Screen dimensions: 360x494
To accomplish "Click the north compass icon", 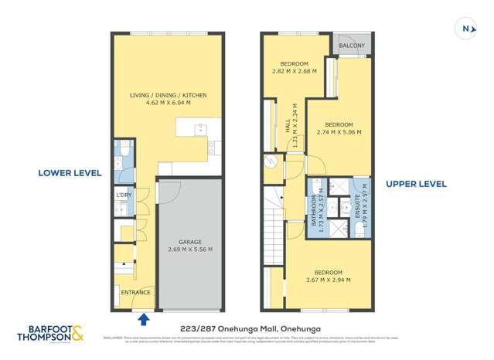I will coord(466,29).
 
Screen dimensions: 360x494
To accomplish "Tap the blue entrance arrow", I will coord(143,318).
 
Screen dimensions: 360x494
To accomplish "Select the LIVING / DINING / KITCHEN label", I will coord(168,95).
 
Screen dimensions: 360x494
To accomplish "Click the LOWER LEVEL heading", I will coord(69,173).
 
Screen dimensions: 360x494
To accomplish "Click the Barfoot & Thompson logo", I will coord(50,332).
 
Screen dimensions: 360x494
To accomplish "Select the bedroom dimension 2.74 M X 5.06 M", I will coord(339,132).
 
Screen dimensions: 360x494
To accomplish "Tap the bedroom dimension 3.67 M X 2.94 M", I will coord(328,280).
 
